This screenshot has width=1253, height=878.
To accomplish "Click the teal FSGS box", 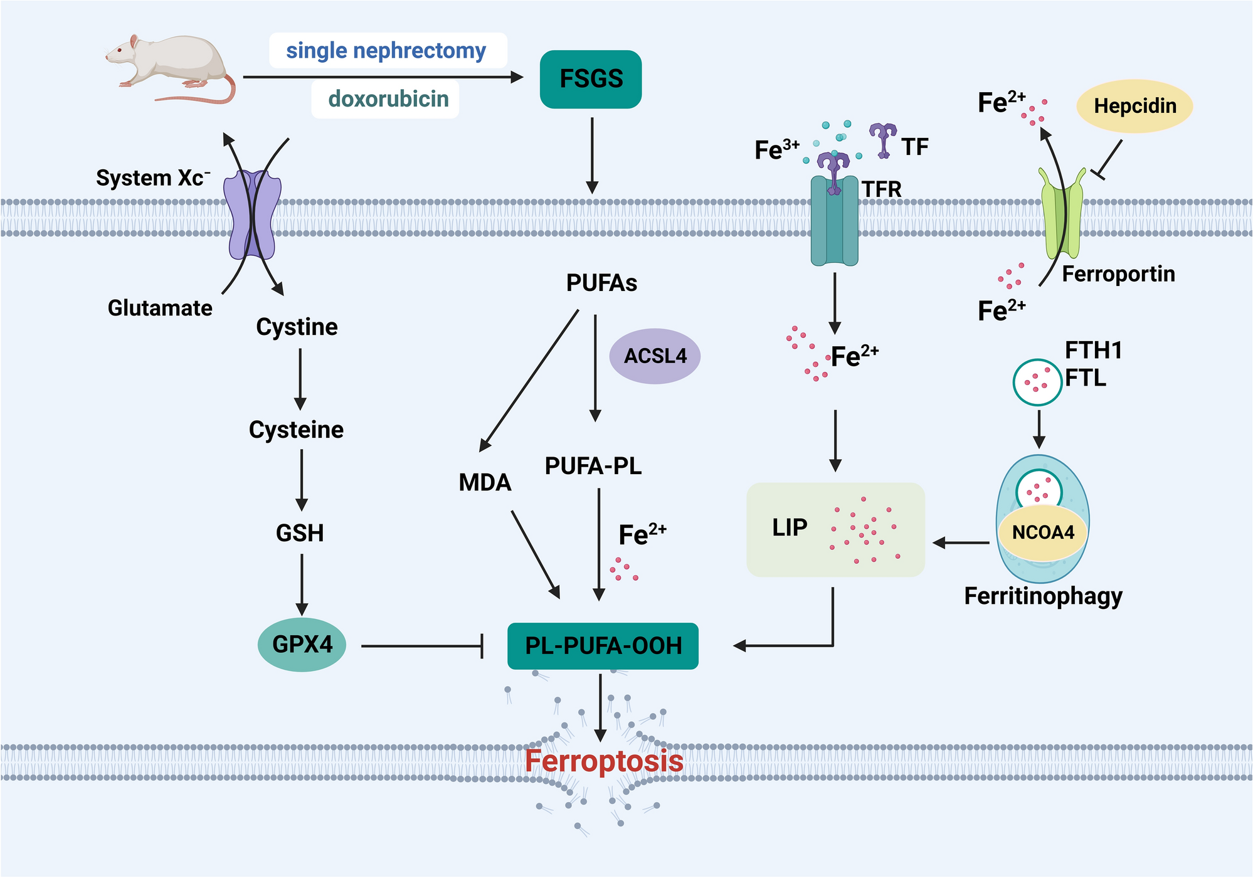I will [590, 79].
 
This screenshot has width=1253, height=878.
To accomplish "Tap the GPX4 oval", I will [302, 645].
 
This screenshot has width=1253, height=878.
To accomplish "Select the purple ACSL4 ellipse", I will [655, 356].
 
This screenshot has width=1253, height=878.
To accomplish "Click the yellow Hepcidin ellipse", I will [1134, 106].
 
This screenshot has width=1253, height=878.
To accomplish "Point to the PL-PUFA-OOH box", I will [603, 646].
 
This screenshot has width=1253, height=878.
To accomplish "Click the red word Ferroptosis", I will [603, 761].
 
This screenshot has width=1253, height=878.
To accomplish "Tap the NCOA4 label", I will [1043, 533].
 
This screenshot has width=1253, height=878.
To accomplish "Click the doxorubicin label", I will [388, 99].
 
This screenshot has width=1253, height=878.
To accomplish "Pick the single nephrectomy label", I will [386, 51].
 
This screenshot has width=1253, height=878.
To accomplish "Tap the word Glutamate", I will [160, 308].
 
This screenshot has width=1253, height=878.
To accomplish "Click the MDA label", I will [485, 482].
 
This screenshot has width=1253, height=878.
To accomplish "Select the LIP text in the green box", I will [790, 528].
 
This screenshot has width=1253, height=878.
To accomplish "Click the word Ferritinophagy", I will [1043, 596].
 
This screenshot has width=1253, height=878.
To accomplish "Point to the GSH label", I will [300, 533].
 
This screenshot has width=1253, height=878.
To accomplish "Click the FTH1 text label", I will [1094, 351].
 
